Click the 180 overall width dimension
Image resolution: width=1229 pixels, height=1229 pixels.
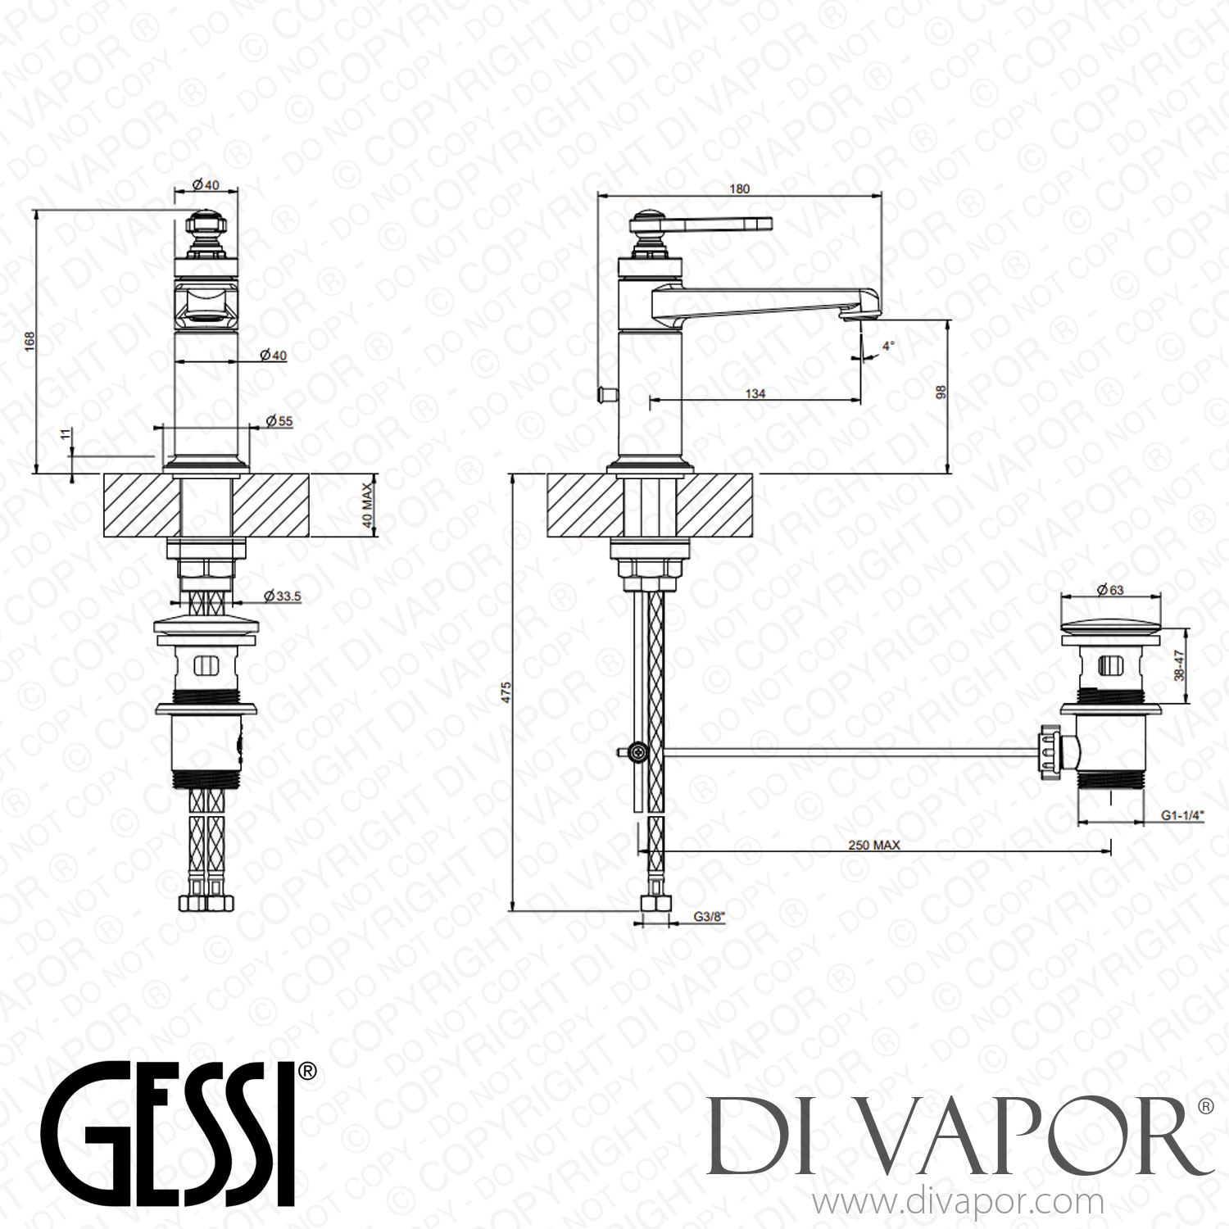739,188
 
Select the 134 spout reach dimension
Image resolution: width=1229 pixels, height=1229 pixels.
755,393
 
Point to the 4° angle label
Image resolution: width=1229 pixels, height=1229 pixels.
888,346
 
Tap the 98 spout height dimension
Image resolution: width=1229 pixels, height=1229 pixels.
941,392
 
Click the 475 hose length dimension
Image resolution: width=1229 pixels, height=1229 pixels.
506,692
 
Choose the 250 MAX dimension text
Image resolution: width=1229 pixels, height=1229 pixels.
873,845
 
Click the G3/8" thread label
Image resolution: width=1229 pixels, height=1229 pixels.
710,917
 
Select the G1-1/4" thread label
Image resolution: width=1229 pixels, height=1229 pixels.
1182,815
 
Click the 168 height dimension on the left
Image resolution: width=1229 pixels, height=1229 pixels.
29,341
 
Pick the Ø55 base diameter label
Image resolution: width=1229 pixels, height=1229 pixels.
279,421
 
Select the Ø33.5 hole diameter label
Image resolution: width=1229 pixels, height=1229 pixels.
283,596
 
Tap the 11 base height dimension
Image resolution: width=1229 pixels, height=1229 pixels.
66,434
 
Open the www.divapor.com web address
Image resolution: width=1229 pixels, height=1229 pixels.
957,1203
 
